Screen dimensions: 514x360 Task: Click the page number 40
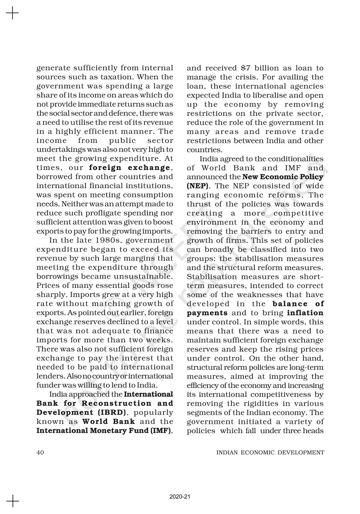pos(40,452)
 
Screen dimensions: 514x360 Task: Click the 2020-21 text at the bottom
pos(180,497)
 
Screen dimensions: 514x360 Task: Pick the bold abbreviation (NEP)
pos(195,186)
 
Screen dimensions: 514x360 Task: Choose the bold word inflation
pos(305,313)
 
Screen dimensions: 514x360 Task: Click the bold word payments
pos(207,313)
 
